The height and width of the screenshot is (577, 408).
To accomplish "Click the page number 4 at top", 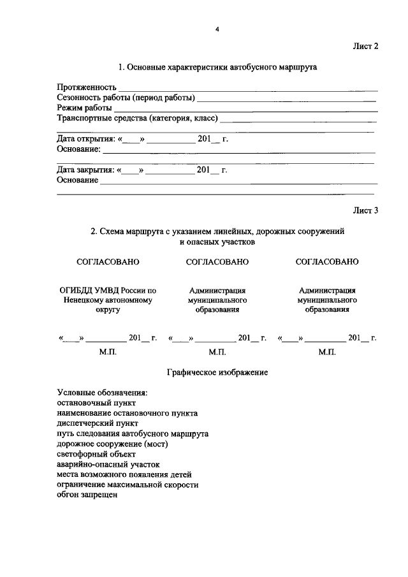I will pos(217,28).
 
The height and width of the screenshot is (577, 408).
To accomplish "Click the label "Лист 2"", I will pos(366,46).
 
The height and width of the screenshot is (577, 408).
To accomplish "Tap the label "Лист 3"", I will pos(366,210).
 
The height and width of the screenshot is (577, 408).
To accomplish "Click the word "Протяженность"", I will pos(86,87).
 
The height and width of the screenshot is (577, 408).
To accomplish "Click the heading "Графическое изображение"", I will pos(217,372).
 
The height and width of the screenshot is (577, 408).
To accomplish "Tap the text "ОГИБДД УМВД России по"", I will pos(108,290).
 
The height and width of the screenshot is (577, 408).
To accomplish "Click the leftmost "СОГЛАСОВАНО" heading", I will pos(108,261).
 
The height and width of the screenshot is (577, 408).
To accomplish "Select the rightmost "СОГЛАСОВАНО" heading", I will pos(327,261).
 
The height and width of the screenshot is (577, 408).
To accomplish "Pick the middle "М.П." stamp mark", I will pos(217,352).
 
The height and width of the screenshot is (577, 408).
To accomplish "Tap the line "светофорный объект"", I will pos(96,454).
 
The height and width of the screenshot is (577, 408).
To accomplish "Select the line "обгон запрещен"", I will pos(87,495).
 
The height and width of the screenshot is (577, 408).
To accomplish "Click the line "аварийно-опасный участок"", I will pos(108,464).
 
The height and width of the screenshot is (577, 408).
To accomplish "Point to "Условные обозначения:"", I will pos(102,392).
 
